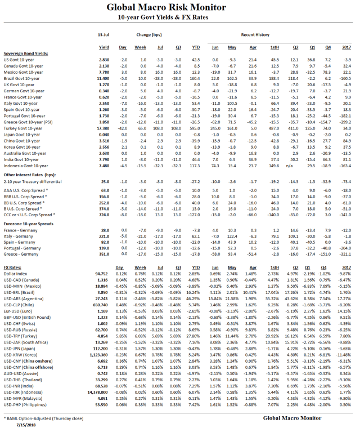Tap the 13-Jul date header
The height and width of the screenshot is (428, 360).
[x=104, y=34]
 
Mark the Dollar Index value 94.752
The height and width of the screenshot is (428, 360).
[x=103, y=274]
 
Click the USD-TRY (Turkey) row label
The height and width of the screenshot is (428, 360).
[x=22, y=320]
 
